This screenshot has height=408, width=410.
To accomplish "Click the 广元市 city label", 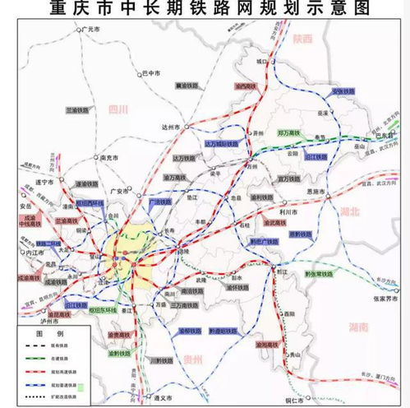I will click(96, 29).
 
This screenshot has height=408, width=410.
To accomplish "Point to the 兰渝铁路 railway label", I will click(79, 108).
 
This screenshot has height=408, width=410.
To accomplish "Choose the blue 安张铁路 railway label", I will click(343, 91).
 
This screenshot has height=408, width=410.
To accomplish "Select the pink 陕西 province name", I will click(302, 39).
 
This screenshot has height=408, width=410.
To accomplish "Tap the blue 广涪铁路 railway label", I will click(160, 199).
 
